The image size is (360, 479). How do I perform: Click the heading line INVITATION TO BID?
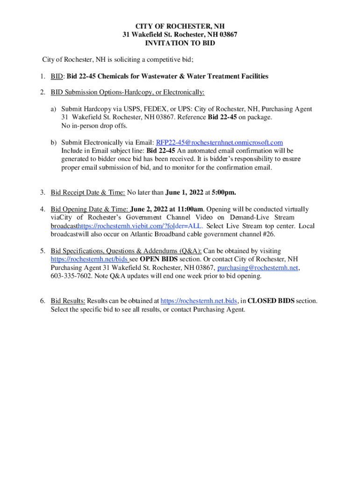[x=180, y=43]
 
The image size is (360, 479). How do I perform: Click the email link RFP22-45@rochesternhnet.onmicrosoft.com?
[x=219, y=143]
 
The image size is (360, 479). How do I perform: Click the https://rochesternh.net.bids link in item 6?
[x=199, y=301]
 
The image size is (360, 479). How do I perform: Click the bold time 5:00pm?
[x=223, y=192]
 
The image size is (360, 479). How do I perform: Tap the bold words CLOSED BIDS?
[x=271, y=301]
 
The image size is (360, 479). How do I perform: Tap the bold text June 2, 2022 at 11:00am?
[x=167, y=210]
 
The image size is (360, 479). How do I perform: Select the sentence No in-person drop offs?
[x=94, y=126]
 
